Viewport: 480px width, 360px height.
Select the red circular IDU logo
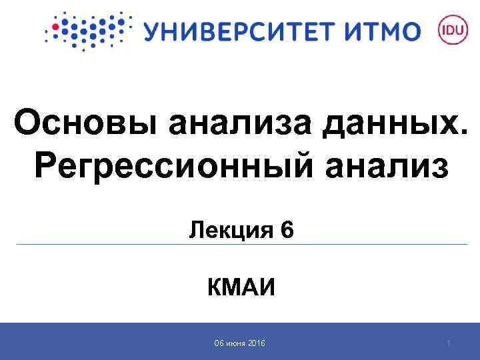tap(450, 31)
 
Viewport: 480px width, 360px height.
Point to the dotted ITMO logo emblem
tap(85, 31)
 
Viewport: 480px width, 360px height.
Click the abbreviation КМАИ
tap(241, 289)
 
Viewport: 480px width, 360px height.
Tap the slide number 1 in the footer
tap(449, 343)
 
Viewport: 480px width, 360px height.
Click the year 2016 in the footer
tap(256, 343)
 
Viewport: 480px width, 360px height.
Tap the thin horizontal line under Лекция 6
tap(240, 245)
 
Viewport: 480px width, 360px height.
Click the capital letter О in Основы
tap(29, 125)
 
